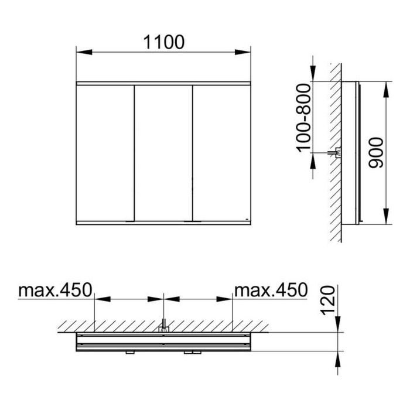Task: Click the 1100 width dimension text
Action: click(164, 42)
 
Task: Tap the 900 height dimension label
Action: click(376, 153)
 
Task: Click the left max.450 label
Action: click(55, 290)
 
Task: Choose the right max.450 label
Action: click(271, 290)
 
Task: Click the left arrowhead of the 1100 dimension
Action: click(84, 52)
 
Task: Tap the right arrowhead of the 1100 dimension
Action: click(242, 52)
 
